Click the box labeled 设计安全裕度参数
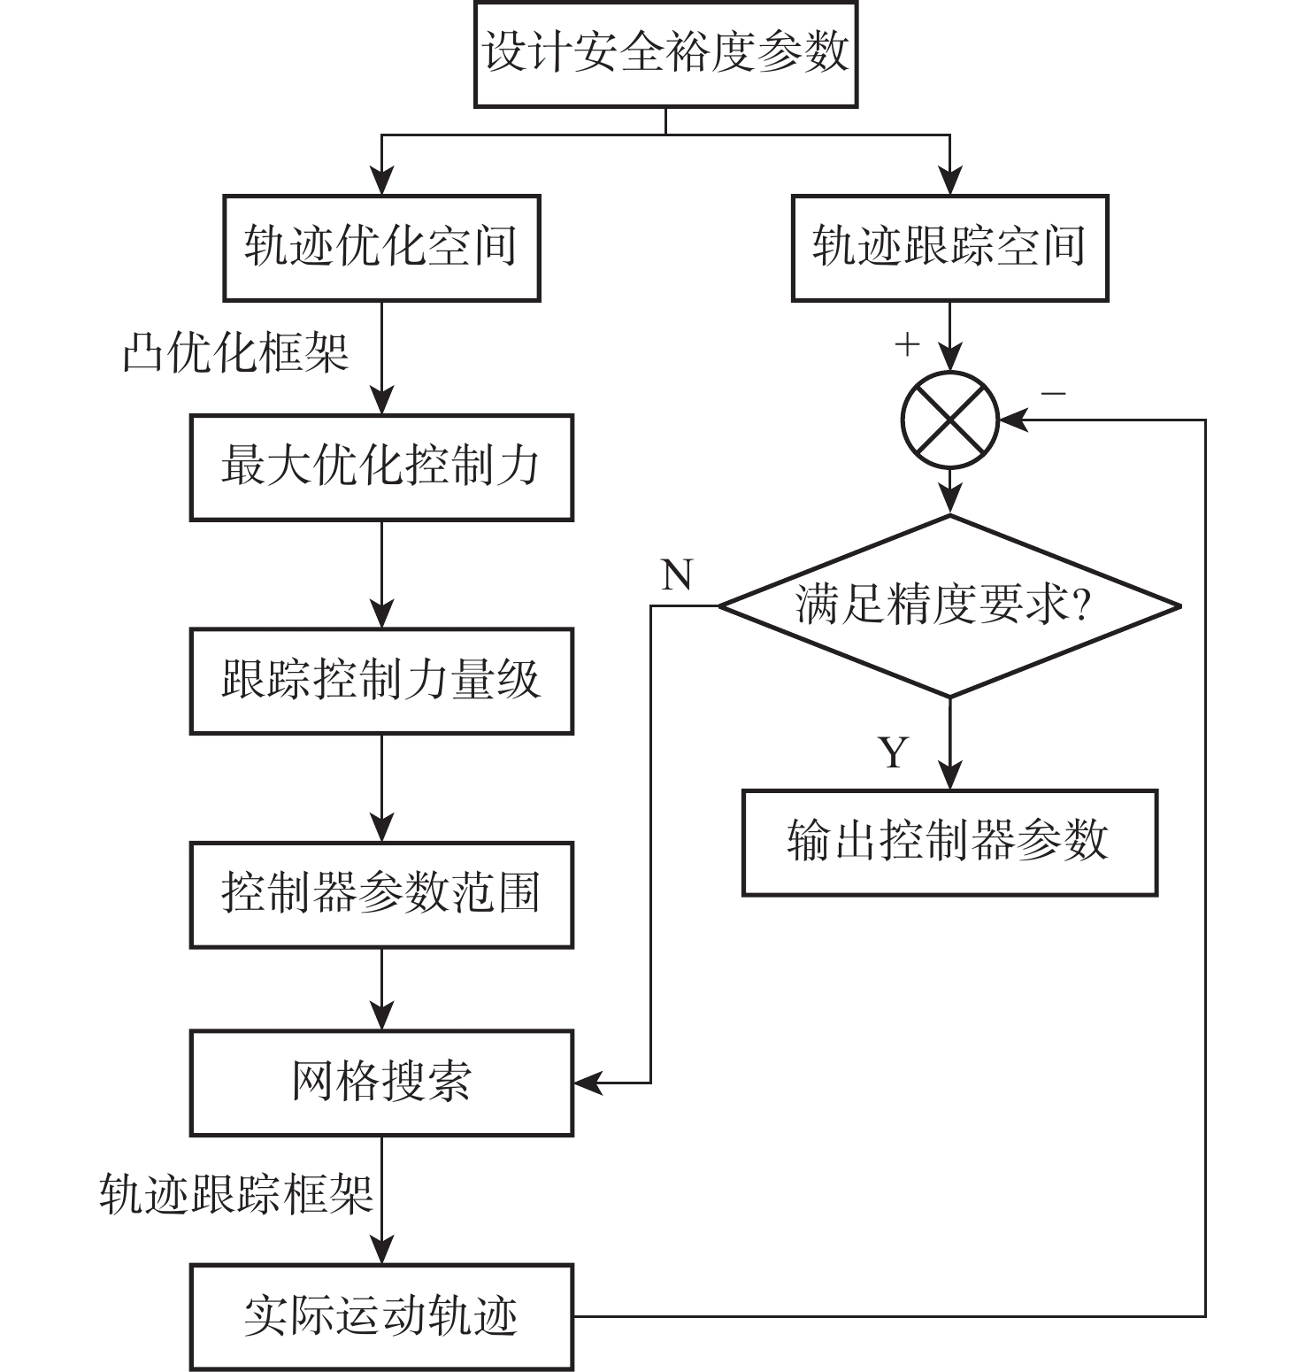coord(665,54)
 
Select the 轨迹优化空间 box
coord(381,248)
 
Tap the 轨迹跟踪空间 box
coord(949,248)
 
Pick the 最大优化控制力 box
coord(381,466)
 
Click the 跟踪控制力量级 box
coord(381,681)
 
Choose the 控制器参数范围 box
coord(381,894)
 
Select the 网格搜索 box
coord(381,1082)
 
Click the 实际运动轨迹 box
coord(381,1316)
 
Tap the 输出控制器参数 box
coord(949,842)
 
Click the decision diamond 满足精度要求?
coord(949,606)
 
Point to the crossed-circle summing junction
coord(949,420)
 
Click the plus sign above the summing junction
coord(908,344)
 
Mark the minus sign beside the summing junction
coord(1053,393)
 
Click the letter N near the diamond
coord(677,575)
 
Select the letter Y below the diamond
coord(895,753)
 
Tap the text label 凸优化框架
coord(235,353)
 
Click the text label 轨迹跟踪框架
coord(235,1193)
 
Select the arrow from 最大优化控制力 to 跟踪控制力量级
coord(381,575)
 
